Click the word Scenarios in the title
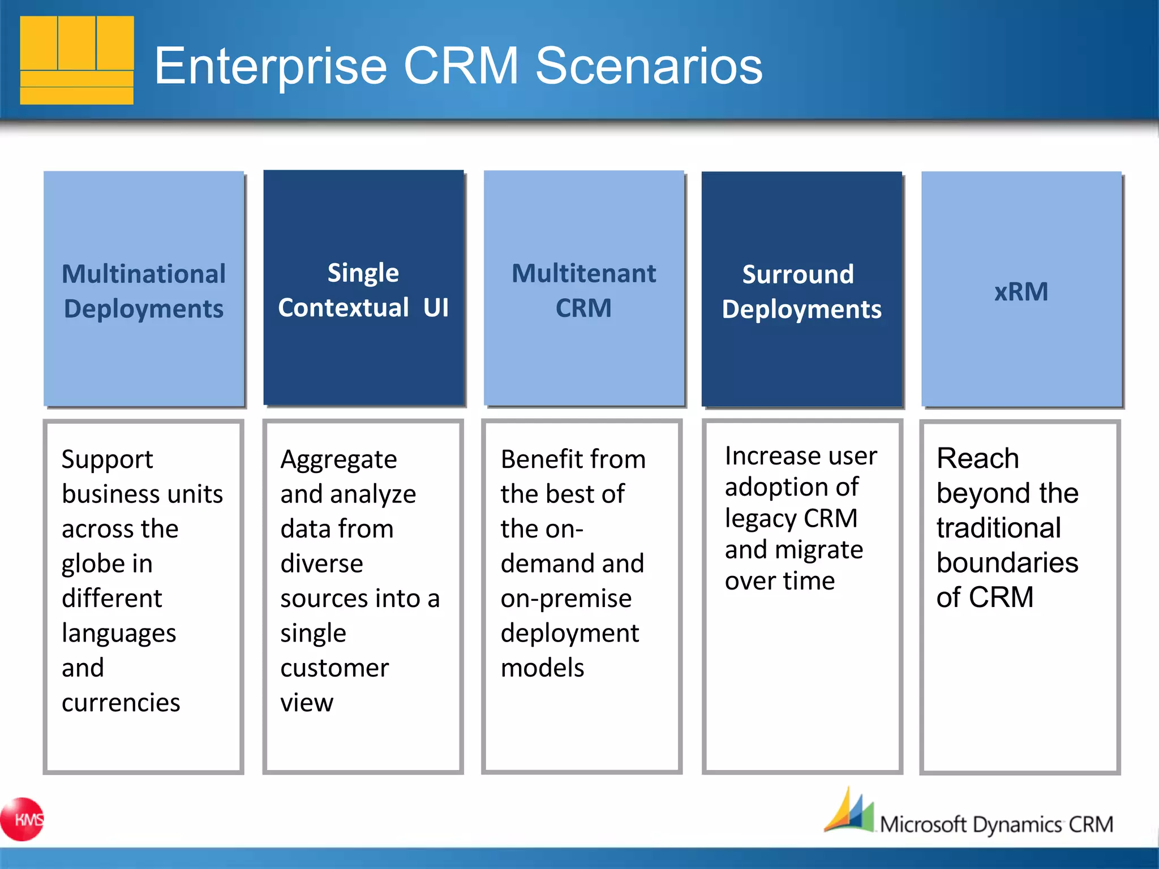(x=649, y=66)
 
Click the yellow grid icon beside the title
(x=77, y=60)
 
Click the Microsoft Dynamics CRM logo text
(x=996, y=824)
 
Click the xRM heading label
(x=1021, y=292)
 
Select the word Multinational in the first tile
(x=144, y=274)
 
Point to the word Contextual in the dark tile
(x=344, y=308)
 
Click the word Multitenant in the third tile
(x=583, y=274)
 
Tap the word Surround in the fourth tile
(x=798, y=274)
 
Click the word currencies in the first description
(x=121, y=703)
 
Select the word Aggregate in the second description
(x=338, y=460)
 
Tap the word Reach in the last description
(x=977, y=458)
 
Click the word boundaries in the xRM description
(x=1007, y=562)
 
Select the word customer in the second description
(x=334, y=668)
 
